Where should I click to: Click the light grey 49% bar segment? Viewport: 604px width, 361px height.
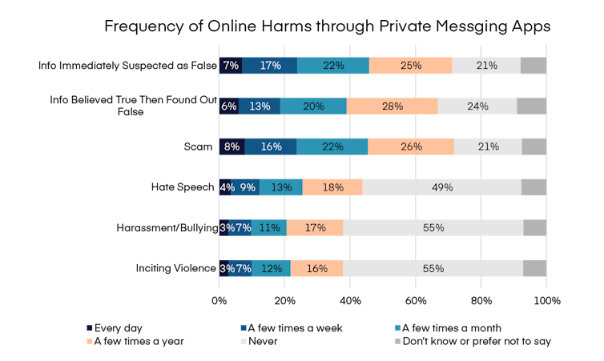coord(441,187)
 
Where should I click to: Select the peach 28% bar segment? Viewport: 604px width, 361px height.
coord(392,106)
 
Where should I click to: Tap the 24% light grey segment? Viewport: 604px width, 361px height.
coord(477,106)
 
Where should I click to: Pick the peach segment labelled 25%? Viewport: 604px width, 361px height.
coord(410,66)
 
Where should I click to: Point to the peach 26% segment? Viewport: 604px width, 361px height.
coord(410,146)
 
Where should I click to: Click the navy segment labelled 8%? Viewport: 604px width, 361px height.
coord(232,146)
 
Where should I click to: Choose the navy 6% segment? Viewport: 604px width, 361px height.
coord(228,106)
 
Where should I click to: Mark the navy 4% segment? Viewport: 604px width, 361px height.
coord(225,187)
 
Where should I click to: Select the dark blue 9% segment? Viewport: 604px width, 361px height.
coord(247,187)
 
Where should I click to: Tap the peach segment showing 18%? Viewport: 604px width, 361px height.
coord(332,187)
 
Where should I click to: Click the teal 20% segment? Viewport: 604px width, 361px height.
coord(313,106)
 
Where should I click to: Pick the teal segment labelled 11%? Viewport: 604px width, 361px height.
coord(268,227)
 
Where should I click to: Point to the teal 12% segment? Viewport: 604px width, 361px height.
coord(271,268)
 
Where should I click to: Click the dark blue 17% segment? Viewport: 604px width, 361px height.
coord(270,66)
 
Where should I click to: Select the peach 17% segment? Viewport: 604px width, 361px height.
coord(315,227)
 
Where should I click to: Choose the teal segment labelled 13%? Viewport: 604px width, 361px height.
coord(281,187)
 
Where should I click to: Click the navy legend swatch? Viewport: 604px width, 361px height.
coord(90,327)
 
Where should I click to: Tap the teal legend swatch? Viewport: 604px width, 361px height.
coord(397,327)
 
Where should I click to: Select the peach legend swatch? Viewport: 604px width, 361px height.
coord(90,342)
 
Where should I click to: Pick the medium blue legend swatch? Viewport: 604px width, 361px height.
coord(244,327)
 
